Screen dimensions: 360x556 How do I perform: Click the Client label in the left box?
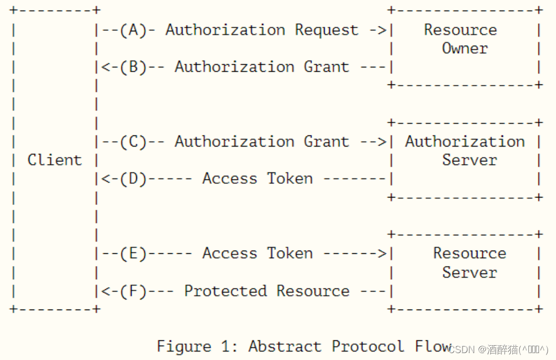55,160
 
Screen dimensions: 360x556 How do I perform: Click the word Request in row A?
327,30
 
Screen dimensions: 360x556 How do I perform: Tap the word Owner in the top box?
465,48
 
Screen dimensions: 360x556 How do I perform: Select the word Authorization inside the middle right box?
465,142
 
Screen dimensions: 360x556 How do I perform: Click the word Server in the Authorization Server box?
470,160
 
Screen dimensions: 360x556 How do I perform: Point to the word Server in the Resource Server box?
470,272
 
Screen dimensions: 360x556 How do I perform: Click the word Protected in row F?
225,291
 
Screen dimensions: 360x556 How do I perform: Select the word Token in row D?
290,179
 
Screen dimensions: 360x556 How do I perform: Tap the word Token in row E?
290,254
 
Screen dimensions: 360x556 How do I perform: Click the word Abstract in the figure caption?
285,346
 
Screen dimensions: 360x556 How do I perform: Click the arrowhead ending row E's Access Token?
382,254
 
